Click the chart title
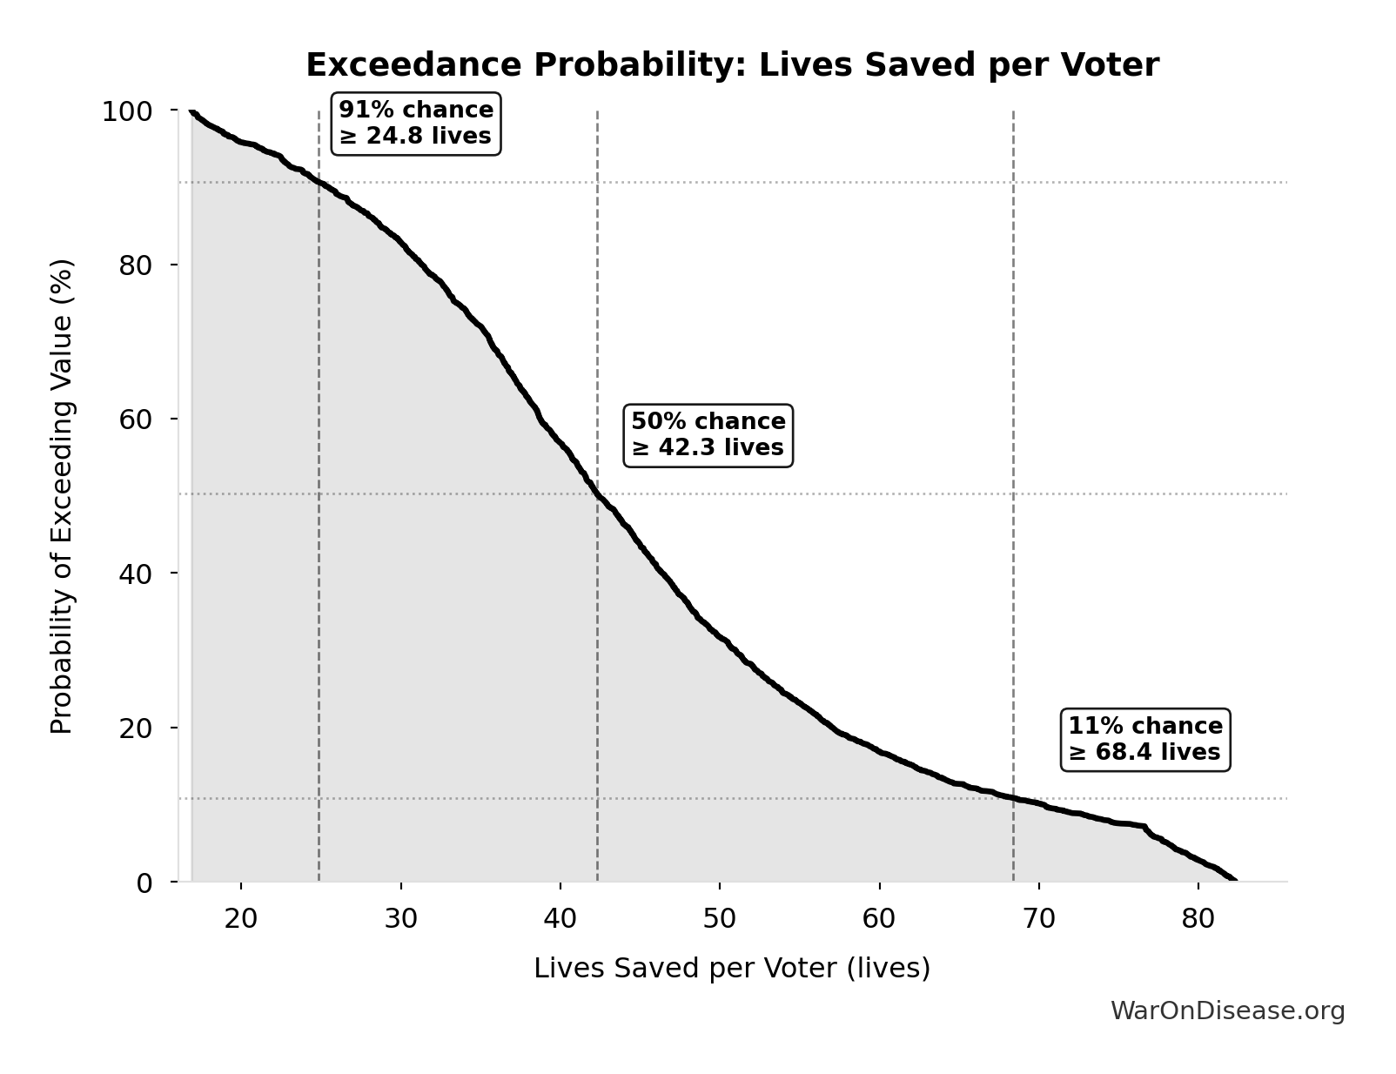tap(732, 65)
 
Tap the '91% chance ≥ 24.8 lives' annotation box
tap(416, 124)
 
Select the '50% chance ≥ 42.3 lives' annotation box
tap(708, 435)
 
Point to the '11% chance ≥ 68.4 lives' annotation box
tap(1144, 740)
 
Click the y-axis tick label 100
tap(127, 111)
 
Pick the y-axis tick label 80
tap(135, 265)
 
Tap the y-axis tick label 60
tap(135, 420)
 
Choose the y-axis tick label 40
tap(135, 574)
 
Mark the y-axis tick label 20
tap(135, 728)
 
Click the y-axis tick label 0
tap(144, 883)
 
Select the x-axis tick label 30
tap(400, 919)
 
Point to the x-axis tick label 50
tap(720, 919)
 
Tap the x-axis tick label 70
tap(1038, 919)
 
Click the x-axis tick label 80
tap(1198, 919)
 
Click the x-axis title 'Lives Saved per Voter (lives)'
tap(732, 969)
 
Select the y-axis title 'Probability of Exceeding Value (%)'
tap(62, 496)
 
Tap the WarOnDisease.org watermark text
tap(1227, 1011)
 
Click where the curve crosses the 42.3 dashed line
tap(597, 494)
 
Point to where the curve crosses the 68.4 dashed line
tap(1013, 798)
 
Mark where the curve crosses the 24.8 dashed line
tap(319, 182)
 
